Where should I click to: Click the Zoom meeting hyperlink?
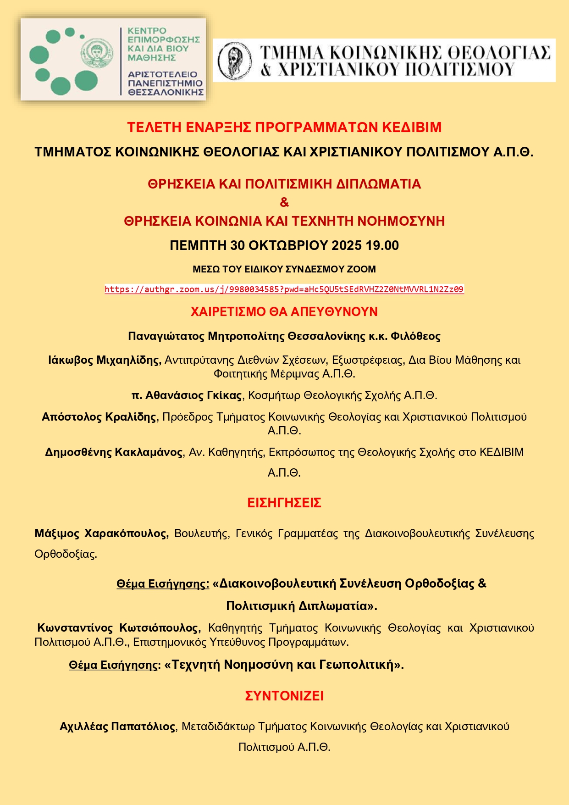tap(284, 289)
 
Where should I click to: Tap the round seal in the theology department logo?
tap(234, 61)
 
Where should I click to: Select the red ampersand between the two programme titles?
tap(284, 202)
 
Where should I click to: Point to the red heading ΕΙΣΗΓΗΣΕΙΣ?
tap(284, 503)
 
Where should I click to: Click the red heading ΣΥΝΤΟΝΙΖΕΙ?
tap(284, 696)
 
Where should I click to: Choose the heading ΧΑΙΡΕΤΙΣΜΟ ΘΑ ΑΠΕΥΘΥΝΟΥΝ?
tap(284, 312)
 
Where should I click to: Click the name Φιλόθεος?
tap(415, 336)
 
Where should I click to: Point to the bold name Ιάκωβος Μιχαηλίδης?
tap(105, 360)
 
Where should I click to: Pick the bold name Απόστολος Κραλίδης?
tap(99, 417)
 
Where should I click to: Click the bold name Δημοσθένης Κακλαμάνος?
tap(114, 452)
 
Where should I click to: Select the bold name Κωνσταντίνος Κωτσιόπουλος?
tap(119, 627)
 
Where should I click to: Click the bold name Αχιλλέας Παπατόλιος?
tap(117, 727)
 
